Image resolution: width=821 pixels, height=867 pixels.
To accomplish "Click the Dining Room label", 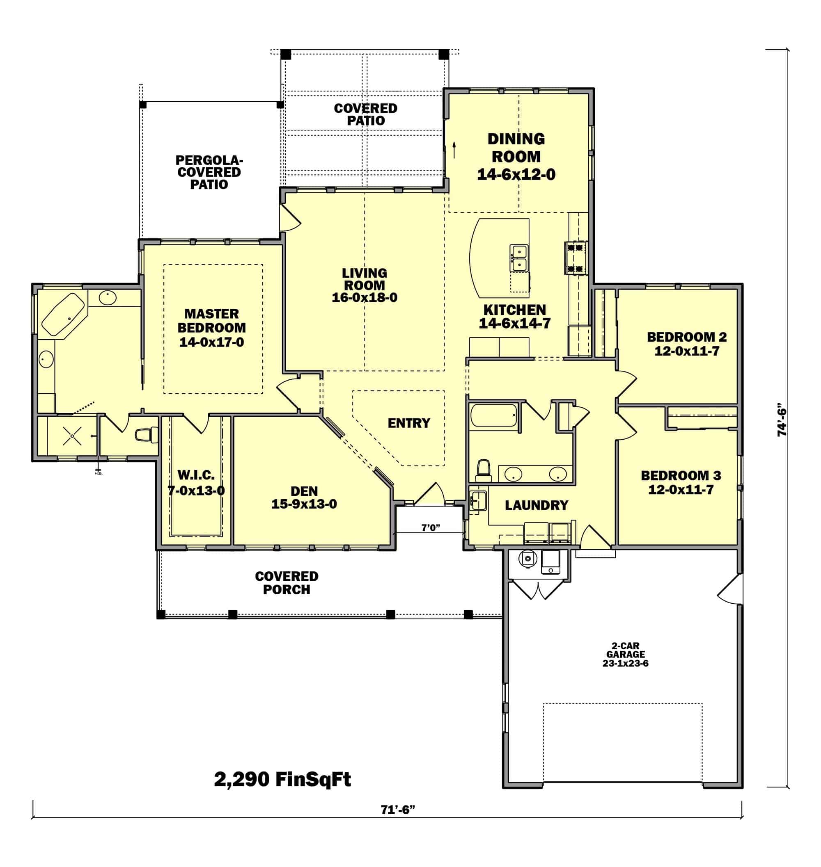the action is pyautogui.click(x=516, y=157).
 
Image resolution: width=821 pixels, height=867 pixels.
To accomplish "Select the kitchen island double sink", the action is pyautogui.click(x=519, y=258).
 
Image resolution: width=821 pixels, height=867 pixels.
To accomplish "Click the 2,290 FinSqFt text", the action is pyautogui.click(x=282, y=779).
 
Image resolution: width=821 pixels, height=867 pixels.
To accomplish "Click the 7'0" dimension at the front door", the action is pyautogui.click(x=431, y=528).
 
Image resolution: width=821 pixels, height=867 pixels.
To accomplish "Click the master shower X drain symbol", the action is pyautogui.click(x=72, y=436).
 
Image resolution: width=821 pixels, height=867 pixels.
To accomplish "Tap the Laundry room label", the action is pyautogui.click(x=537, y=505).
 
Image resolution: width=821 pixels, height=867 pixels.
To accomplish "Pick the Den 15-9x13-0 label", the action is pyautogui.click(x=304, y=497).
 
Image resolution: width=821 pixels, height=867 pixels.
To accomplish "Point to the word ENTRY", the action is pyautogui.click(x=409, y=423).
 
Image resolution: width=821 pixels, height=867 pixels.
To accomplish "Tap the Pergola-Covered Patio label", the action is pyautogui.click(x=209, y=172).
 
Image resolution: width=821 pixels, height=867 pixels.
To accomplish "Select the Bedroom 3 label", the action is pyautogui.click(x=681, y=482).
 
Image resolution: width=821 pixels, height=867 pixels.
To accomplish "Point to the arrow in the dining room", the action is pyautogui.click(x=454, y=150).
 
